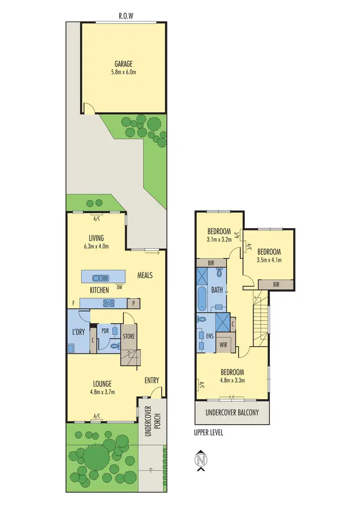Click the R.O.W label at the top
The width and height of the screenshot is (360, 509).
[x=126, y=15]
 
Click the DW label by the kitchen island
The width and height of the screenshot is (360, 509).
[x=119, y=287]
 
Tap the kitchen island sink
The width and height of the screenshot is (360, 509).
[x=101, y=277]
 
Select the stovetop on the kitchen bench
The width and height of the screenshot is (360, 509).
[x=108, y=303]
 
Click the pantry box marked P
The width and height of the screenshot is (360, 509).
[x=132, y=303]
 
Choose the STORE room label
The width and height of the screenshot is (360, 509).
[x=129, y=336]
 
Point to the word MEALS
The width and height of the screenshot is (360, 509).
[x=144, y=275]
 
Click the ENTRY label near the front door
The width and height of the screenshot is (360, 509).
[x=152, y=380]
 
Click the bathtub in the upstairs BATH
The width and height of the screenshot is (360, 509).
[x=202, y=299]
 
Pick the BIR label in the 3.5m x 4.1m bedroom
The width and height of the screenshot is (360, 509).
[x=276, y=284]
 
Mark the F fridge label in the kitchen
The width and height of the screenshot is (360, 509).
[x=73, y=303]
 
